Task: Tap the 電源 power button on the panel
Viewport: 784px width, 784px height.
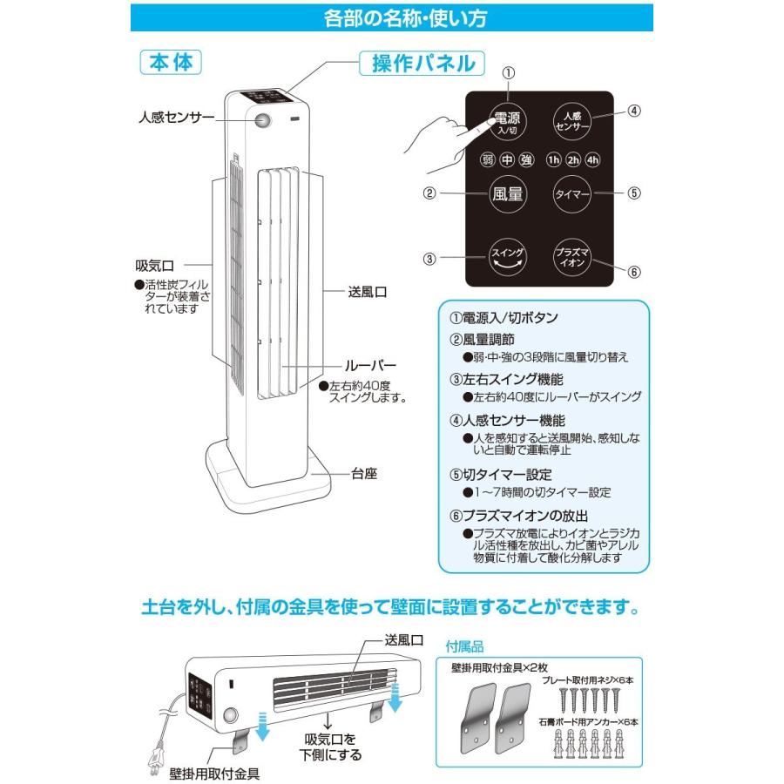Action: pyautogui.click(x=507, y=122)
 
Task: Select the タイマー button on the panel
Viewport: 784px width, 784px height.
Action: pyautogui.click(x=572, y=193)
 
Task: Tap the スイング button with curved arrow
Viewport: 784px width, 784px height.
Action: pyautogui.click(x=507, y=255)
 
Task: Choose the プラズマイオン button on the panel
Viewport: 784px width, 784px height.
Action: pyautogui.click(x=572, y=256)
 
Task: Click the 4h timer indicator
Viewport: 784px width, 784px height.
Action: pyautogui.click(x=592, y=159)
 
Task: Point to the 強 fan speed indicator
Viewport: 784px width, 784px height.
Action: pyautogui.click(x=526, y=159)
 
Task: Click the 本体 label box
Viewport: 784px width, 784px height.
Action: pyautogui.click(x=170, y=63)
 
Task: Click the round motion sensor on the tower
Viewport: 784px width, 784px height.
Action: pyautogui.click(x=264, y=121)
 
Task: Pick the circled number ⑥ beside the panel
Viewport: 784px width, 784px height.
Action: pyautogui.click(x=634, y=271)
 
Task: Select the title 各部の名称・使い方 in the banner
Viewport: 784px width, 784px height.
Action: pyautogui.click(x=391, y=17)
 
